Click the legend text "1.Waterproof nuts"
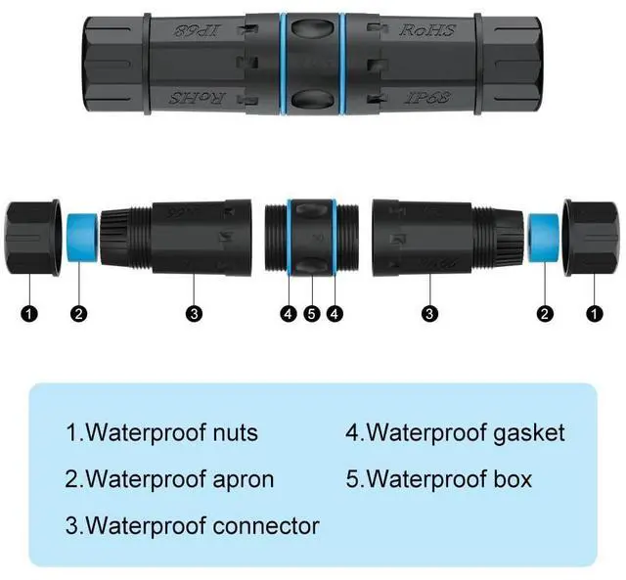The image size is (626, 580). click(x=161, y=431)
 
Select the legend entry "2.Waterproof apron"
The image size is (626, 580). click(x=169, y=479)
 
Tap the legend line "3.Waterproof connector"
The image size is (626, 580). click(x=192, y=525)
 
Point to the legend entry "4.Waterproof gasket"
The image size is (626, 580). click(x=454, y=431)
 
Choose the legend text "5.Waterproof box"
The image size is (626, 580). click(x=438, y=479)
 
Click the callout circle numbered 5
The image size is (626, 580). click(x=312, y=314)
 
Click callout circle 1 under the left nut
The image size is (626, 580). click(x=30, y=314)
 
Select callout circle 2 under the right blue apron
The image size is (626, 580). click(x=546, y=314)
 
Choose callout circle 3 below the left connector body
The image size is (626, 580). click(x=195, y=314)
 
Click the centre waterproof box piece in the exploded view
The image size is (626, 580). click(x=312, y=241)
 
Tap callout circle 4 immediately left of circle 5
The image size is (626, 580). click(x=289, y=314)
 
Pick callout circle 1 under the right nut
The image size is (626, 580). click(x=594, y=314)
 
